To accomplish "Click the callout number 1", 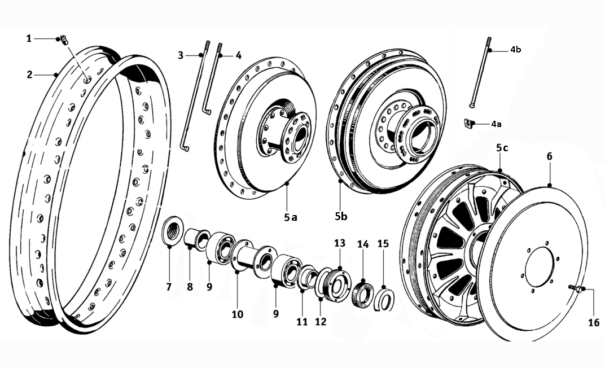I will (29, 38).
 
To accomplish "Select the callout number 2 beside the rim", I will (29, 75).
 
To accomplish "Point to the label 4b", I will (515, 50).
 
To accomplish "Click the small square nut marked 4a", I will (468, 122).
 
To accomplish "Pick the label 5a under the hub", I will (290, 216).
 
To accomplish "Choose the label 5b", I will (340, 216).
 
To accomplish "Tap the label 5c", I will (502, 148).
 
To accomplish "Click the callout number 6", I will (549, 156).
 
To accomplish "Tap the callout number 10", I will (237, 314).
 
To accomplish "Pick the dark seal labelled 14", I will (362, 296).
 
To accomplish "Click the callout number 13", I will (339, 243).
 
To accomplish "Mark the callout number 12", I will (321, 322).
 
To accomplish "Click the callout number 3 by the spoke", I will (181, 55).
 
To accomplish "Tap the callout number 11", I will (302, 322).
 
